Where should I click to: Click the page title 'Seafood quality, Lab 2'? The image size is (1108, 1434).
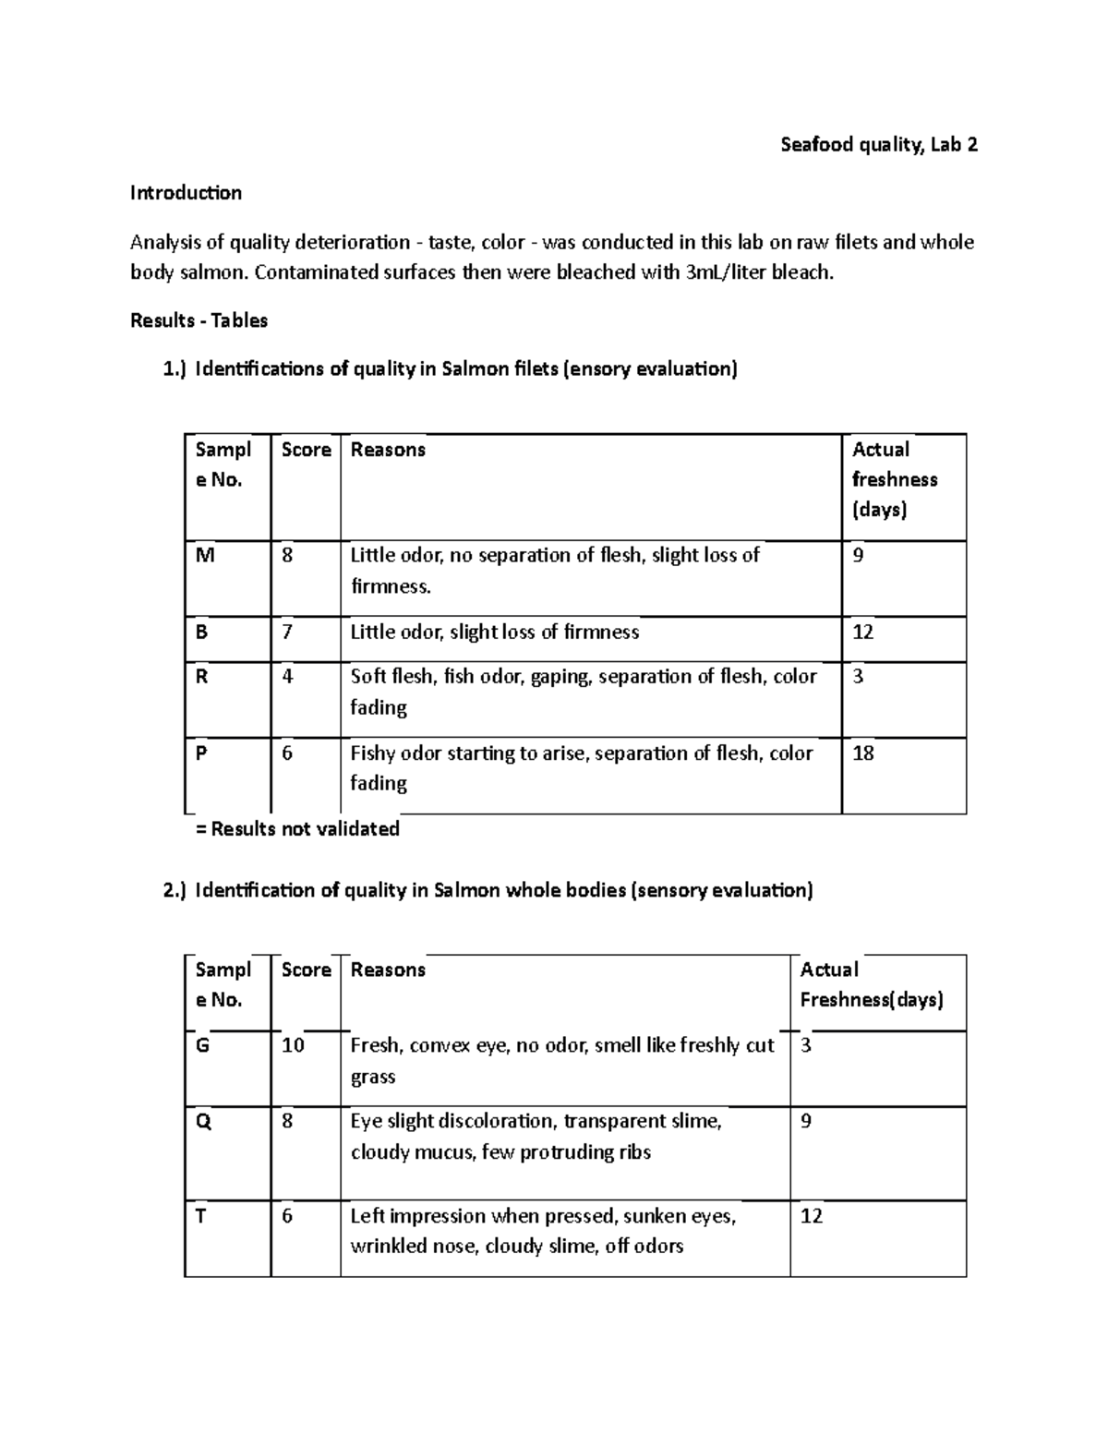tap(878, 144)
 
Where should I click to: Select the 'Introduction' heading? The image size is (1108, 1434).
tap(186, 193)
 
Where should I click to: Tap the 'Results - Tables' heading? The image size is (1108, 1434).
tap(199, 320)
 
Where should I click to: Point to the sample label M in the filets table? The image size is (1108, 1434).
tap(204, 556)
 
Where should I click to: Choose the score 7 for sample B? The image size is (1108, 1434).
tap(287, 633)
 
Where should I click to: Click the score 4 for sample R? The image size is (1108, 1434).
tap(287, 677)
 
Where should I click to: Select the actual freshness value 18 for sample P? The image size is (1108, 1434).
tap(862, 753)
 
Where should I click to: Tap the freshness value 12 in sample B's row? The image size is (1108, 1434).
tap(862, 633)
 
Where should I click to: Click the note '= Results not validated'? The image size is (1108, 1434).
tap(297, 828)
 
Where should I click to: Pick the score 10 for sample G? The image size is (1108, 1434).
tap(293, 1046)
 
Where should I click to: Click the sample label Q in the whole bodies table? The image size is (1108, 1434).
tap(203, 1122)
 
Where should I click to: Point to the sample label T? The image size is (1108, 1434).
tap(200, 1216)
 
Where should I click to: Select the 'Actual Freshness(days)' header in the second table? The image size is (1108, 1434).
tap(871, 984)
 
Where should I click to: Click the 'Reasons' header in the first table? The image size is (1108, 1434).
tap(388, 450)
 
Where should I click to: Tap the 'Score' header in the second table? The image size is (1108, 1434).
tap(306, 970)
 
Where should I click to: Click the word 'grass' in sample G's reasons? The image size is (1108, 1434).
tap(373, 1077)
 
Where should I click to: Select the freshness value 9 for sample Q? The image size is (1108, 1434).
tap(806, 1122)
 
